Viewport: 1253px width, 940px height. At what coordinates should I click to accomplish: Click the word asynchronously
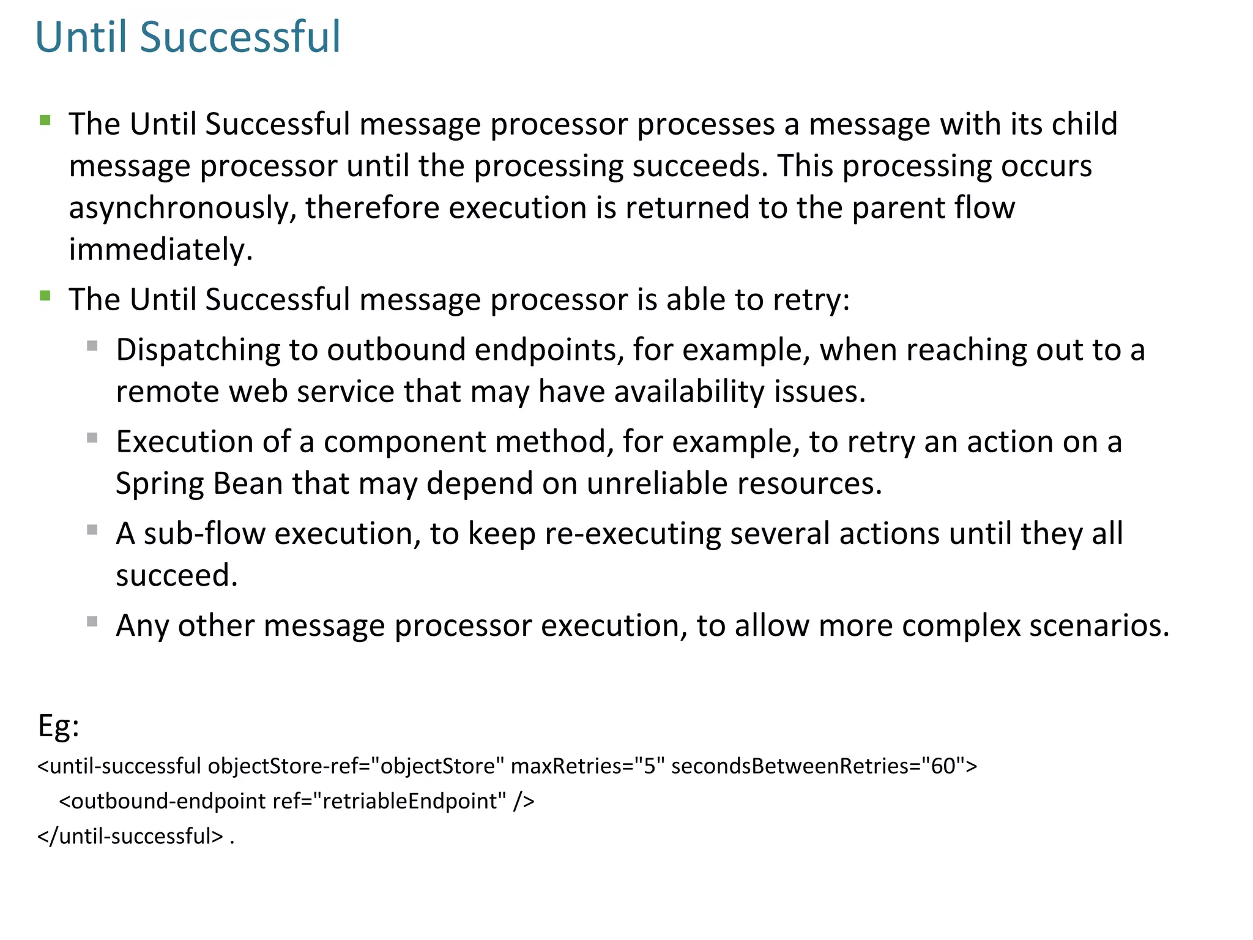(182, 208)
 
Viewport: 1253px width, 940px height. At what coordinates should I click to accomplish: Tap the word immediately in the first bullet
(160, 250)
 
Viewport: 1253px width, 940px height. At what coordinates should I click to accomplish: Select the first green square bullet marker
(45, 120)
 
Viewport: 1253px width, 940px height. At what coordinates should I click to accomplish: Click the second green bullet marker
(45, 296)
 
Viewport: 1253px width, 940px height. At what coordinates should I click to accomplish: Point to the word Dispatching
(198, 350)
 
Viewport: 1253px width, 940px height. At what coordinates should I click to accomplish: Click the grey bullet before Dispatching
(92, 346)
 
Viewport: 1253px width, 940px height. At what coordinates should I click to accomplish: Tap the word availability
(689, 392)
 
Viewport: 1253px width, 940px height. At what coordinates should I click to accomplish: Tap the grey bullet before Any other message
(92, 622)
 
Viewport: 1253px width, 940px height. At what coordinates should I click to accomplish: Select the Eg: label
(59, 726)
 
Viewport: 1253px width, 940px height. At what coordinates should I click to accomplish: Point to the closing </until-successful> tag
(130, 836)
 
